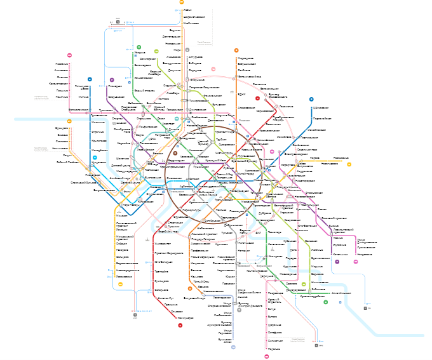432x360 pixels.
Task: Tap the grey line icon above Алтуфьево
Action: click(187, 50)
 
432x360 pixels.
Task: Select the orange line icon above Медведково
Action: click(236, 50)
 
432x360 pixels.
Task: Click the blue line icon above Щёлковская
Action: click(311, 99)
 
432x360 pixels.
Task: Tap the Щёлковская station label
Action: click(321, 108)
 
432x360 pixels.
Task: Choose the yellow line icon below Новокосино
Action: click(349, 164)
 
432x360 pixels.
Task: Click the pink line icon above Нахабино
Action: click(70, 56)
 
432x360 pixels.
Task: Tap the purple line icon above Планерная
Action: click(112, 80)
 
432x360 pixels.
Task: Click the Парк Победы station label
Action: click(130, 204)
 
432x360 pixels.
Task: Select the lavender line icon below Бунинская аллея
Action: click(233, 347)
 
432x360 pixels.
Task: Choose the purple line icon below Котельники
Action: click(337, 262)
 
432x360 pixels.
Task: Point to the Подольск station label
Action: click(274, 349)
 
